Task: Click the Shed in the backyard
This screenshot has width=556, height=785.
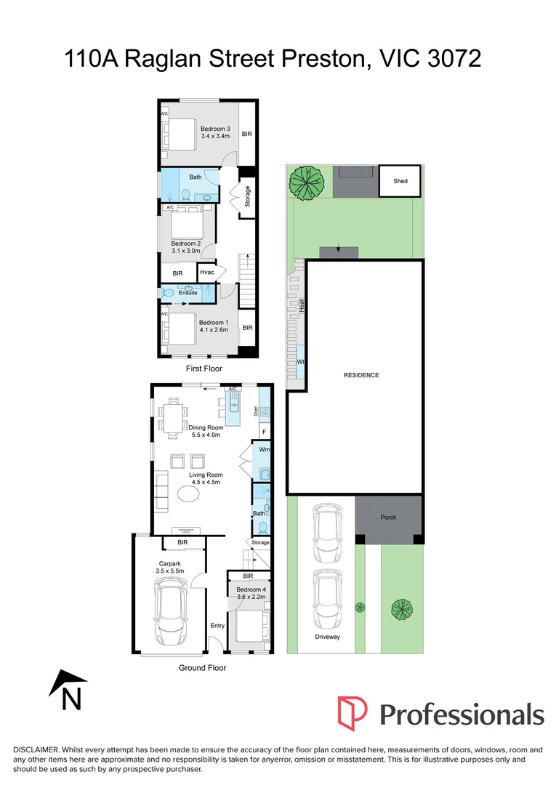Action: [x=400, y=181]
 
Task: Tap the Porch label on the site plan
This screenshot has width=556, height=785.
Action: [x=389, y=518]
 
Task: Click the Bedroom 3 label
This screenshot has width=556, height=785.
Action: [x=215, y=129]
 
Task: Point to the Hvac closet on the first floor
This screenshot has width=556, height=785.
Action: [x=208, y=273]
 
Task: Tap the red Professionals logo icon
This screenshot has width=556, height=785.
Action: [x=352, y=713]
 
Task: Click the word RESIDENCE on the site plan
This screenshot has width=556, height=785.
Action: [x=361, y=375]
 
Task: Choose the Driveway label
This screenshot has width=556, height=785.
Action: [x=327, y=637]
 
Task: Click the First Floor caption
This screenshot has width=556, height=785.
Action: [x=204, y=369]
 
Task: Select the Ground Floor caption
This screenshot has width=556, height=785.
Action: [x=204, y=667]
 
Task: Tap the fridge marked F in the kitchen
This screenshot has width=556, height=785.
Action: [x=263, y=432]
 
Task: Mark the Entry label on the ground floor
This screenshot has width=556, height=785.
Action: [x=217, y=626]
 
